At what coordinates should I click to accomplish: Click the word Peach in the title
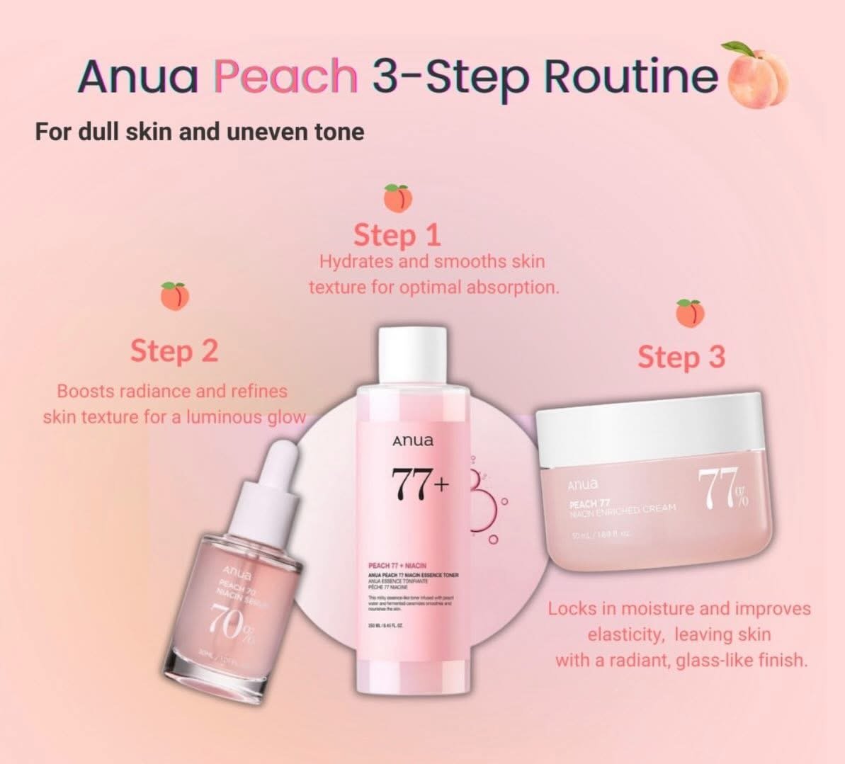coord(286,76)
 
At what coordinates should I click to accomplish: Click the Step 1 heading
coord(397,235)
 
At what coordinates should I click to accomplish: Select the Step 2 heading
coord(174,350)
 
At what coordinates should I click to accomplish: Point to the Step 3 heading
coord(681,357)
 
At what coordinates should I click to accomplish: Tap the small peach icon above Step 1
coord(397,198)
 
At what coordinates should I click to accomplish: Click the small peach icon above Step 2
coord(174,295)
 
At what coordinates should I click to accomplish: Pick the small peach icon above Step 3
coord(690,313)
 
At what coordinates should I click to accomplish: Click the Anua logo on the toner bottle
coord(413,442)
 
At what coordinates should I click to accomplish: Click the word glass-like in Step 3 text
coord(718,661)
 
